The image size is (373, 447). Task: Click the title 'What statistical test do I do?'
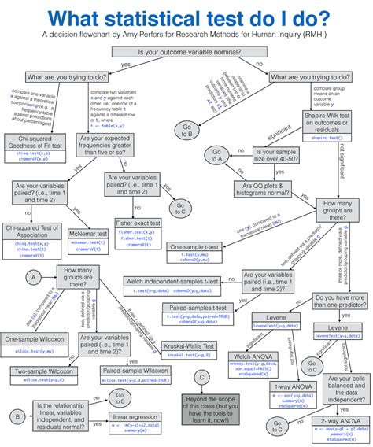tap(186, 17)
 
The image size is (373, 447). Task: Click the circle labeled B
tap(17, 416)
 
